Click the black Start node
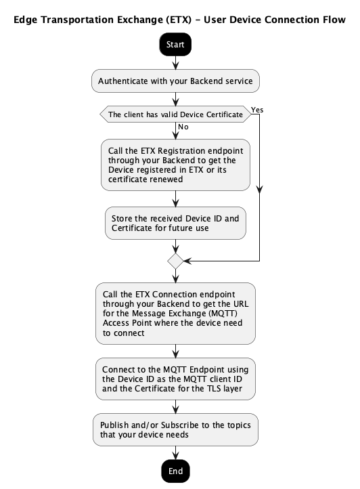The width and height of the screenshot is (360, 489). (x=175, y=44)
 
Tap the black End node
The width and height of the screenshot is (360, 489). (x=175, y=471)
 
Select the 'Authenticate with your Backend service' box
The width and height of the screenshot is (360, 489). (x=175, y=81)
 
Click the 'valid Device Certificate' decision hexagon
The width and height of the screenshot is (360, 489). (x=175, y=114)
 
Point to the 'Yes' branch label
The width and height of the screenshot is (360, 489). (x=257, y=110)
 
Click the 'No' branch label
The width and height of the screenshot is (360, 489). (x=183, y=127)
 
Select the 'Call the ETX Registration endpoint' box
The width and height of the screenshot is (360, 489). (x=175, y=165)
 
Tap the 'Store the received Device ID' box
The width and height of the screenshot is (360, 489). (x=175, y=223)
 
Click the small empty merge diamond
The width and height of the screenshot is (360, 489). (x=175, y=261)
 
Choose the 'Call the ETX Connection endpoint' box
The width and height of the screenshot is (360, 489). (x=175, y=314)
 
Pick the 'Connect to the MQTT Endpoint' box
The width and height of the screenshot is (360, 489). (x=175, y=379)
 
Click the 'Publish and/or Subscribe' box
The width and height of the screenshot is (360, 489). (x=175, y=430)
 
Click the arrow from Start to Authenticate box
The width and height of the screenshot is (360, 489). (x=175, y=63)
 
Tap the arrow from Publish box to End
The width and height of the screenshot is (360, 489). (x=175, y=453)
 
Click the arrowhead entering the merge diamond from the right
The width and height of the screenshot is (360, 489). (x=187, y=261)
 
